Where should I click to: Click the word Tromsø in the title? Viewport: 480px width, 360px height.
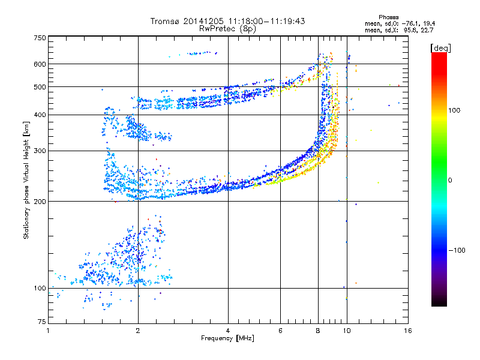tap(165, 21)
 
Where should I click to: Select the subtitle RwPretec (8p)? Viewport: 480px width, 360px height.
tap(227, 29)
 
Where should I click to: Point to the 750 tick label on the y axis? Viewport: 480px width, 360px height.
tap(40, 38)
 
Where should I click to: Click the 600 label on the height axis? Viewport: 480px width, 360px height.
tap(40, 64)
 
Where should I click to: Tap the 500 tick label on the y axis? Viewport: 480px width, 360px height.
tap(40, 87)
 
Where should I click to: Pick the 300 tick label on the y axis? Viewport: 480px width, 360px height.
tap(40, 151)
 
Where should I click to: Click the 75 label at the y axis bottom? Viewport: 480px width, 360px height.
tap(42, 322)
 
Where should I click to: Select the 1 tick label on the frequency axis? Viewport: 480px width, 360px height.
tap(48, 331)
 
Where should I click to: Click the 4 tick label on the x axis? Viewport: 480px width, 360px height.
tap(228, 331)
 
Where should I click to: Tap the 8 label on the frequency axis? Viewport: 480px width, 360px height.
tap(318, 331)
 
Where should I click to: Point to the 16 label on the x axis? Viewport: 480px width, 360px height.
tap(408, 331)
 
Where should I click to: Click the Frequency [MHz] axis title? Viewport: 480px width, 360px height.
tap(228, 338)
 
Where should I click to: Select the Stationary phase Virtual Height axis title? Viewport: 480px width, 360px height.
tap(26, 181)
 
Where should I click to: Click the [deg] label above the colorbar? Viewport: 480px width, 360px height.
tap(440, 49)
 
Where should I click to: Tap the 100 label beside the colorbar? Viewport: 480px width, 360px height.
tap(454, 110)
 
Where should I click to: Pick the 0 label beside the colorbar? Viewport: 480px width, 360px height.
tap(450, 181)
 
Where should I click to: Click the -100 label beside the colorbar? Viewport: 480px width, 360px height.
tap(457, 250)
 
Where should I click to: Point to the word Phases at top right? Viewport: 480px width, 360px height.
tap(389, 17)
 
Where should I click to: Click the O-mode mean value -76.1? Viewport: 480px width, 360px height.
tap(412, 24)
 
